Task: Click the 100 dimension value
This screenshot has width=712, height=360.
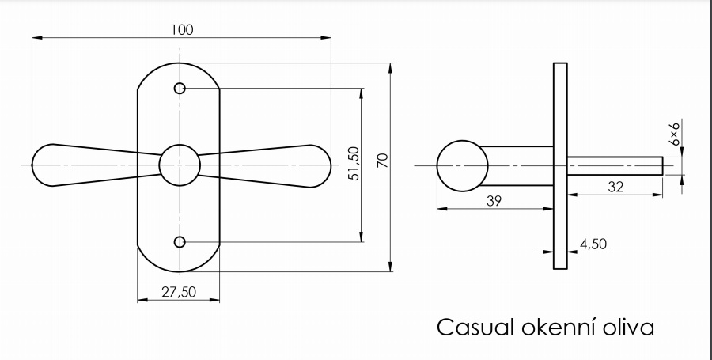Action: [x=182, y=29]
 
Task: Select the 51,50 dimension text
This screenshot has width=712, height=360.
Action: [x=354, y=164]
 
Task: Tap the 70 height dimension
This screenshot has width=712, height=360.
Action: [x=383, y=161]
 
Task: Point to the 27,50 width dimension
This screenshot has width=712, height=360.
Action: [x=179, y=292]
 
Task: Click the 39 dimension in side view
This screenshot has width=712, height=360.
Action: [x=494, y=201]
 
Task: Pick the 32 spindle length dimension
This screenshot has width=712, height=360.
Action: [x=615, y=187]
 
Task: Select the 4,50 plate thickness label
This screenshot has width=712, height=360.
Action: [x=593, y=244]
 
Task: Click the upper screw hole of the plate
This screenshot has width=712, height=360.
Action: [x=180, y=88]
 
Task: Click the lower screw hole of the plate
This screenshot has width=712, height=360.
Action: [x=180, y=242]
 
